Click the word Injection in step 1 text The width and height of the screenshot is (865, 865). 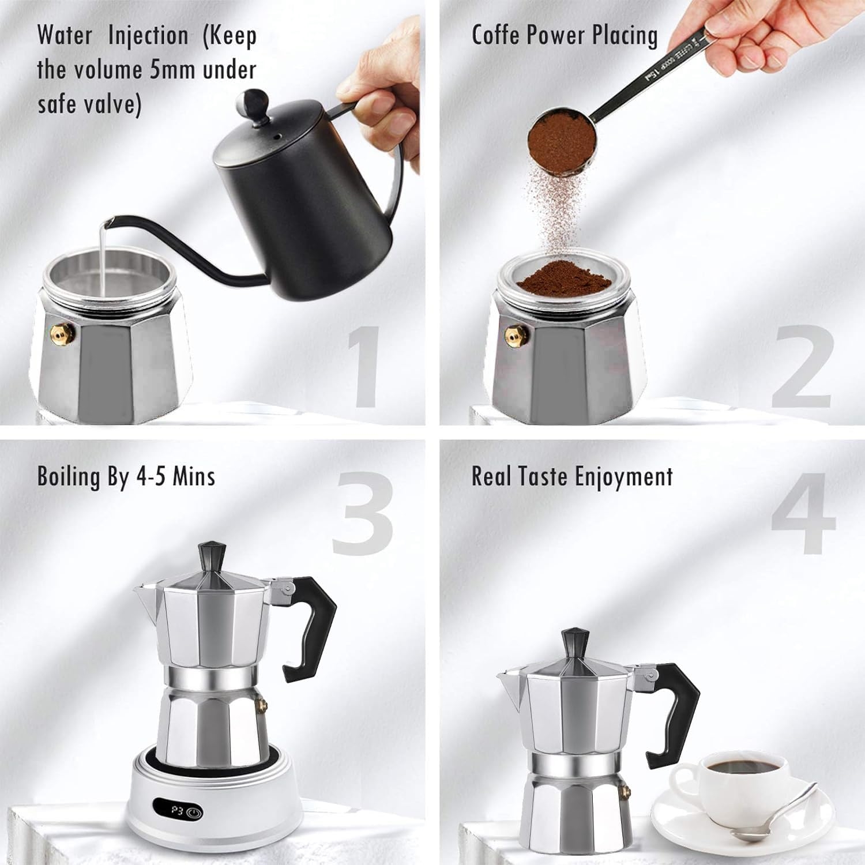(148, 36)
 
